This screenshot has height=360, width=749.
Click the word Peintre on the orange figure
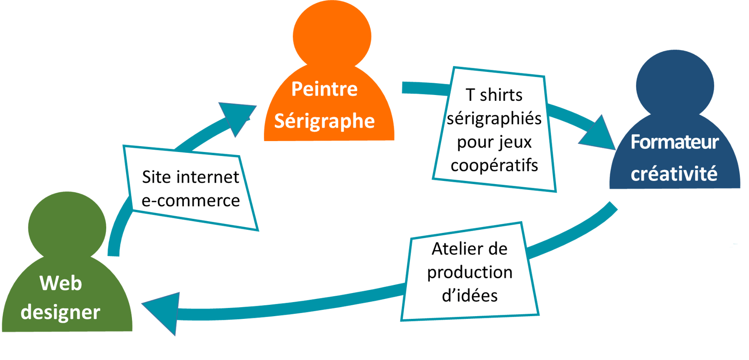[324, 89]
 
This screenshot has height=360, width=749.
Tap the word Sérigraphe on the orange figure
[324, 121]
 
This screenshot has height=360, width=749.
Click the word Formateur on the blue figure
[674, 142]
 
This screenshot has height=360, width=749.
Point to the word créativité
[674, 174]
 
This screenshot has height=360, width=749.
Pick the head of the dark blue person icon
[675, 84]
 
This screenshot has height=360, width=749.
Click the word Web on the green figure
[61, 283]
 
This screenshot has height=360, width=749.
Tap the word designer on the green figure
[60, 312]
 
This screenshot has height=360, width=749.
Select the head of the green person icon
[67, 226]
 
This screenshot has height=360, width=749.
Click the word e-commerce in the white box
[190, 200]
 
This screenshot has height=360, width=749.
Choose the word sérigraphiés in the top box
[494, 118]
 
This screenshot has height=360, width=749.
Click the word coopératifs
[494, 165]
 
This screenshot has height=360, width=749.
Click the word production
[470, 272]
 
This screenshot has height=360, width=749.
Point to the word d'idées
[470, 296]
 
